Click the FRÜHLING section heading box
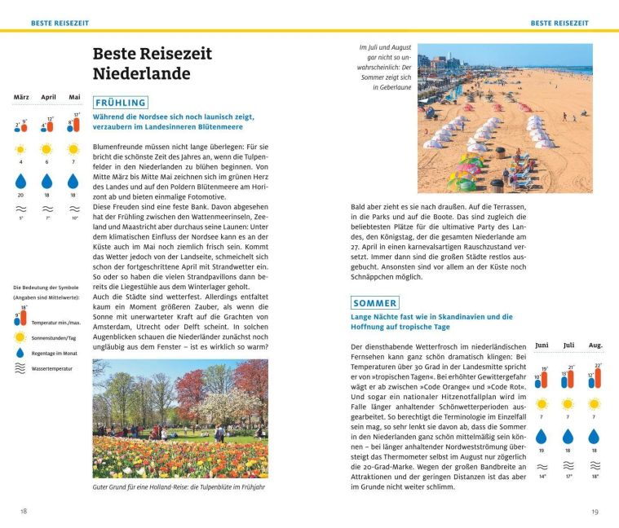coord(121,103)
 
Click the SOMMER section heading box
coord(375,303)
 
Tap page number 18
coord(24,511)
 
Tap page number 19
coord(594,511)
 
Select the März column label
coord(21,97)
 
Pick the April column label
coord(48,97)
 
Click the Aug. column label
coord(595,345)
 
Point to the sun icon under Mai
coord(73,149)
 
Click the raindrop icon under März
coord(21,181)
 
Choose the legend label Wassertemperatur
coord(52,368)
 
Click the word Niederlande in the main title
coord(141,73)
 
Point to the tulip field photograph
coord(180,419)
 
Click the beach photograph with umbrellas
coord(505,118)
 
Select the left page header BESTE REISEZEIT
coord(60,23)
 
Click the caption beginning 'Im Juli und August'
coord(385,67)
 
